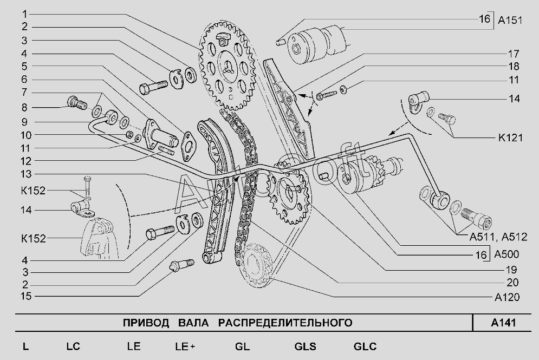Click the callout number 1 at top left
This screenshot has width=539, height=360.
pyautogui.click(x=25, y=13)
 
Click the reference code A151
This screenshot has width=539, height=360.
pyautogui.click(x=510, y=21)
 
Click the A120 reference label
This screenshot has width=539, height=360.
pyautogui.click(x=507, y=297)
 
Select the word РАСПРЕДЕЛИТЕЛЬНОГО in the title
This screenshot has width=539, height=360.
pyautogui.click(x=285, y=323)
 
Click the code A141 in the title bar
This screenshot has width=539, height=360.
pyautogui.click(x=503, y=323)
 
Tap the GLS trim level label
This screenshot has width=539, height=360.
pyautogui.click(x=305, y=347)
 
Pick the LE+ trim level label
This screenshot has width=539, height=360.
pyautogui.click(x=185, y=347)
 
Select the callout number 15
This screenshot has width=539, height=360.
pyautogui.click(x=25, y=296)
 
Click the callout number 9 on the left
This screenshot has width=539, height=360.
pyautogui.click(x=25, y=121)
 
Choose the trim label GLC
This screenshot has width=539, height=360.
pyautogui.click(x=365, y=347)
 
